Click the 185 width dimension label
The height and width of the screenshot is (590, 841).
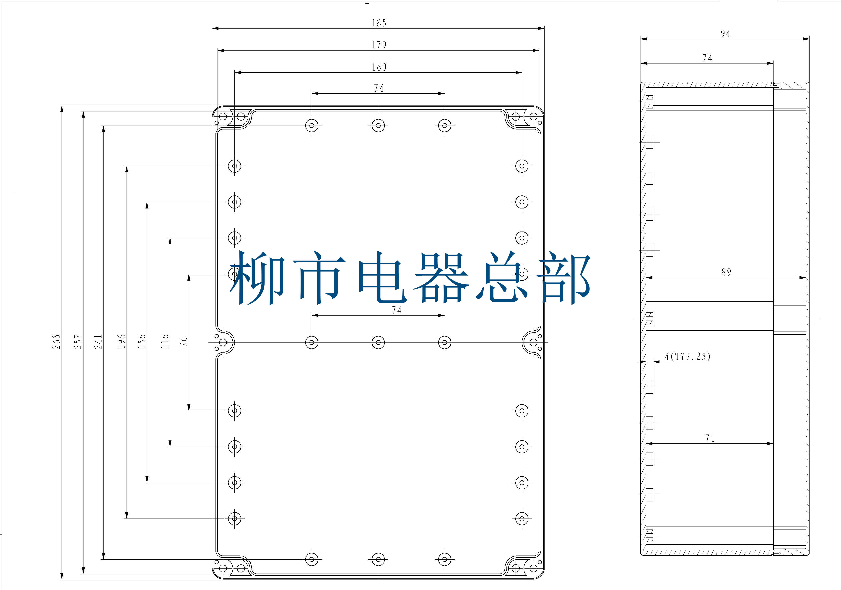[379, 23]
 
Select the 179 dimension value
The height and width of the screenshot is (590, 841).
[379, 45]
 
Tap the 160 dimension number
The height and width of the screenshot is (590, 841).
[379, 67]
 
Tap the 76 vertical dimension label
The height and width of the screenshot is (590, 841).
[184, 342]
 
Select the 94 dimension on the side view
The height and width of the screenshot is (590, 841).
[725, 34]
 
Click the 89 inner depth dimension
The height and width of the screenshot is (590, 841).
[726, 272]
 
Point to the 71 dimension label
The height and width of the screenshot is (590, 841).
[710, 438]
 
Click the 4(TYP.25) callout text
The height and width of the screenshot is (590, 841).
[687, 356]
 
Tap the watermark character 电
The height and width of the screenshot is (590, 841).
[381, 278]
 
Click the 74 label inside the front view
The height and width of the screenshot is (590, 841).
[397, 310]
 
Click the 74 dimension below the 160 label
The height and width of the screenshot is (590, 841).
[379, 88]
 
